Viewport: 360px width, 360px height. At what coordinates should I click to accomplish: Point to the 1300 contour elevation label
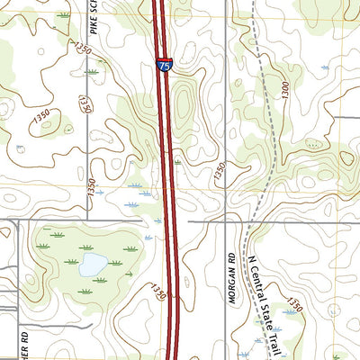[x=285, y=90]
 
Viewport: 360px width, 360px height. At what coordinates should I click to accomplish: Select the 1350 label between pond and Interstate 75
[x=158, y=292]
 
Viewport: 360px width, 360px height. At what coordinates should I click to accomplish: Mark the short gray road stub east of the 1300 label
[x=346, y=117]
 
